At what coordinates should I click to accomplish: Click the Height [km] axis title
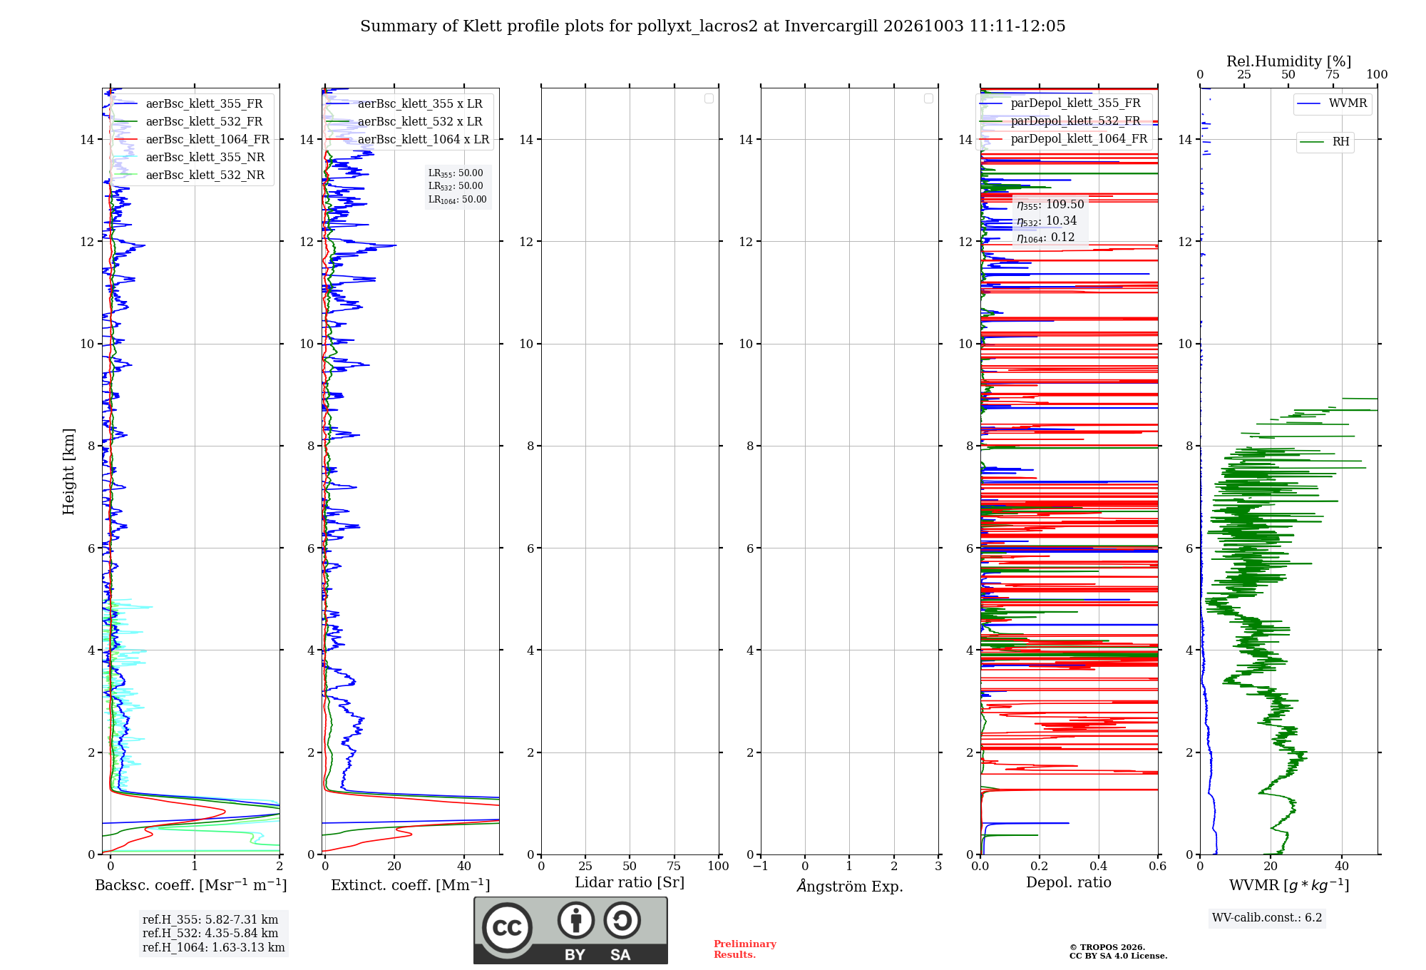[x=68, y=471]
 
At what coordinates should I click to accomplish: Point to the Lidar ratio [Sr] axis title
[x=630, y=882]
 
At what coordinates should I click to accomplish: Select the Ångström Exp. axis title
[x=850, y=885]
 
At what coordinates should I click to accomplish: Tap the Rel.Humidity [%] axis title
[x=1288, y=61]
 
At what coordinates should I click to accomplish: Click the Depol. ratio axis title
[x=1069, y=882]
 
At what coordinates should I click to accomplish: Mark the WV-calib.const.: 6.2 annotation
[x=1267, y=917]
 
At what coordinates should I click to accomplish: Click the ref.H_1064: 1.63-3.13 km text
[x=213, y=947]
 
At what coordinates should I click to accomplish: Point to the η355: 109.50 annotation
[x=1050, y=205]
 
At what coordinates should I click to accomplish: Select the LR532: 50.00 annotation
[x=456, y=186]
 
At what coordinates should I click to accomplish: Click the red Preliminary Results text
[x=745, y=949]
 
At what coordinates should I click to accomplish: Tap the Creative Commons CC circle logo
[x=507, y=927]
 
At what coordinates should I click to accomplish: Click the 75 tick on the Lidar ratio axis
[x=674, y=866]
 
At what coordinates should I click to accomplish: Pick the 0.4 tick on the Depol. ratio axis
[x=1099, y=866]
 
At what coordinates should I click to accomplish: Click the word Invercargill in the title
[x=831, y=26]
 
